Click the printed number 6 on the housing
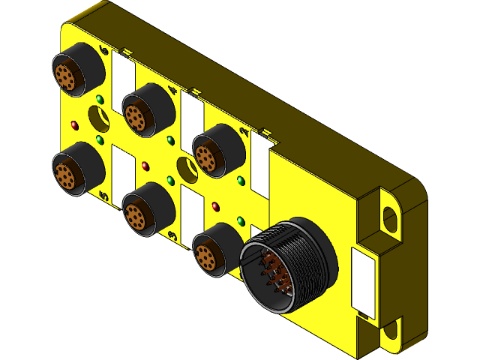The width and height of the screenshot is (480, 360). (104, 51)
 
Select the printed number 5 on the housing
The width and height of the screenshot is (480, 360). (104, 196)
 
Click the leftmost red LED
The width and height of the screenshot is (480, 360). (74, 124)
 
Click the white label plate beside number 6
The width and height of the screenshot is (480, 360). (123, 79)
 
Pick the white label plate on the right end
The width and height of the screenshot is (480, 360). (364, 280)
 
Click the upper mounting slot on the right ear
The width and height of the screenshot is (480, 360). (391, 217)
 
